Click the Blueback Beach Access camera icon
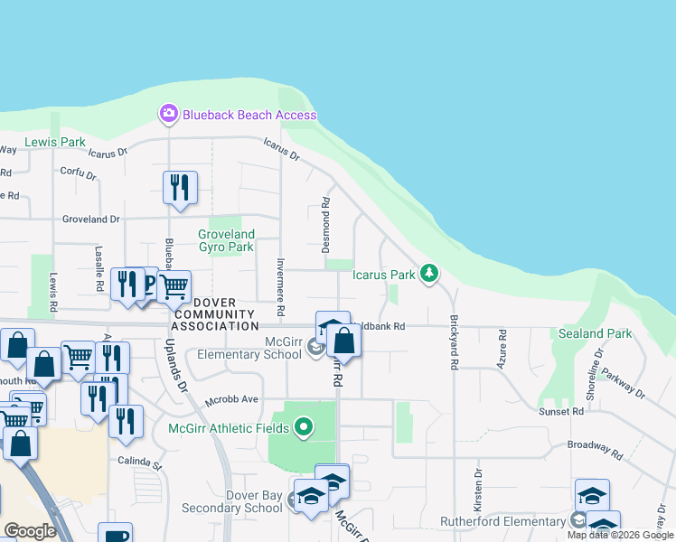[168, 114]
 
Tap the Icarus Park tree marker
[430, 273]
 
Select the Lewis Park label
[54, 142]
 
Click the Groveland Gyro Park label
[226, 240]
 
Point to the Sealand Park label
[595, 333]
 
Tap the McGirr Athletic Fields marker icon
[304, 426]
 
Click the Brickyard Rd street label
[453, 342]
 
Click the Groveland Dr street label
[90, 219]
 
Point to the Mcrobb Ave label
[231, 399]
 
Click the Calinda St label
[138, 466]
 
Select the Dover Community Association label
[215, 313]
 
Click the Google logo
[30, 531]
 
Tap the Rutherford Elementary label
[502, 521]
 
